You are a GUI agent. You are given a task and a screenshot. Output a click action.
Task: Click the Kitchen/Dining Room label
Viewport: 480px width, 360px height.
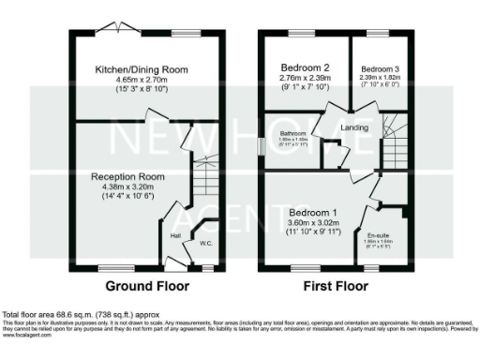(x=146, y=69)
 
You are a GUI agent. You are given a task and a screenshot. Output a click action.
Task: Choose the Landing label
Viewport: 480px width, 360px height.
(x=355, y=127)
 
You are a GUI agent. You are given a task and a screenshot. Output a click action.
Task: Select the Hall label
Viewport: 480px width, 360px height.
(x=175, y=235)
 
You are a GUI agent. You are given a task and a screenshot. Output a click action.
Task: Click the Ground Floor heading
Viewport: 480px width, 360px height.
(x=146, y=286)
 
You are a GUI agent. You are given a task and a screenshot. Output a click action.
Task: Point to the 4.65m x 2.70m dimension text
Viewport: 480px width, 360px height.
(x=146, y=82)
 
